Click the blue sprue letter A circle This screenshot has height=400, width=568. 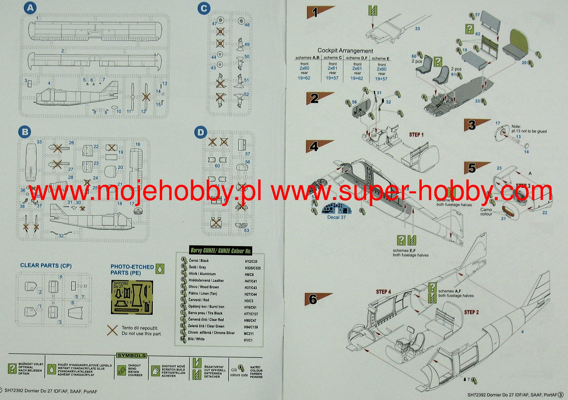click(x=30, y=8)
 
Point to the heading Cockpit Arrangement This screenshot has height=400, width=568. click(x=345, y=51)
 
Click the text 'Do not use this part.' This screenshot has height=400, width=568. click(x=141, y=334)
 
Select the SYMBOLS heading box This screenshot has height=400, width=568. click(x=131, y=355)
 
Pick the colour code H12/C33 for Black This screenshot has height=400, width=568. click(x=251, y=261)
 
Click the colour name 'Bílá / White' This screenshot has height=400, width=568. click(x=197, y=339)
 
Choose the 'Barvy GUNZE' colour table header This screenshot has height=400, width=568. click(x=221, y=250)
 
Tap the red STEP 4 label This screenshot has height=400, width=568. click(x=383, y=292)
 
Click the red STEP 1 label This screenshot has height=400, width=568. click(x=416, y=135)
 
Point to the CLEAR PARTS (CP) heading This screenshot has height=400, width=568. click(x=46, y=265)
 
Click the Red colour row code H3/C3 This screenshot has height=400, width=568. click(x=249, y=301)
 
